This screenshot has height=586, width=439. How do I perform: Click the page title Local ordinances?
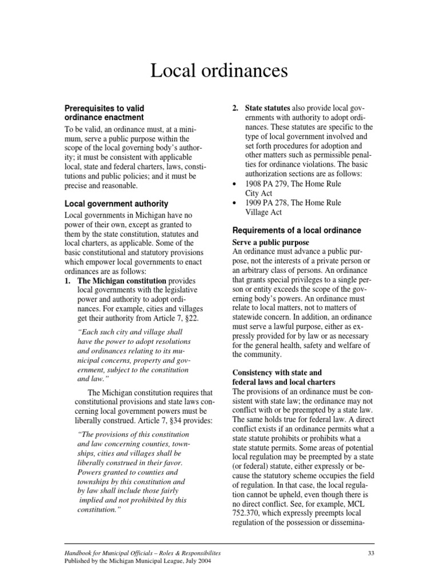click(x=219, y=71)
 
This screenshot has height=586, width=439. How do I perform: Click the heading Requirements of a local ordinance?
click(x=296, y=230)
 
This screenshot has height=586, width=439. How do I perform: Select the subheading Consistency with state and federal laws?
click(x=283, y=377)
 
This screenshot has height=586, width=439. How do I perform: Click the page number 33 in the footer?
click(x=370, y=553)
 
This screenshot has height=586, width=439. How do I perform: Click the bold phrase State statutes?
click(x=268, y=108)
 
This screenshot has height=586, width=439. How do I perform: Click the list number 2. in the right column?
click(x=235, y=108)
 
